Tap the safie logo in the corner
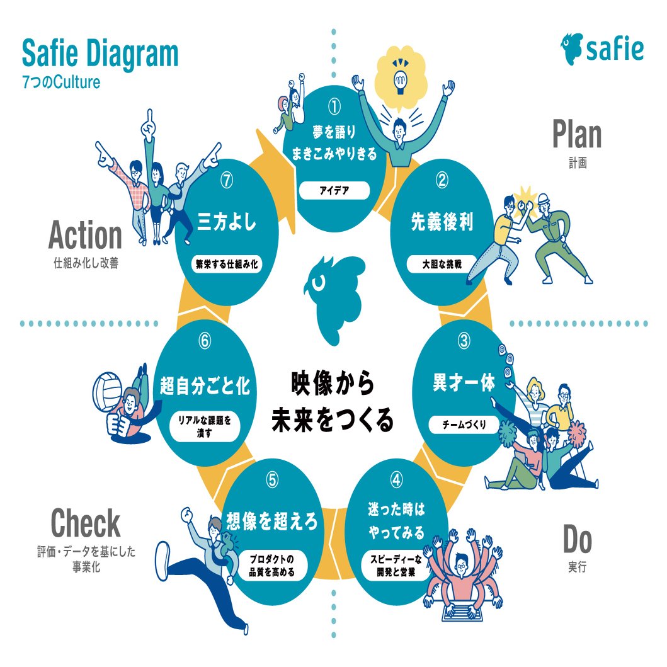coord(601,48)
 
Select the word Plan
coord(576,135)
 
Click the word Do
coord(577,540)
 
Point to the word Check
coord(85,523)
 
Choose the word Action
coord(85,236)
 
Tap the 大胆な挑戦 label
coord(442,264)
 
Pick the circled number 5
coord(272,480)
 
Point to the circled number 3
coord(464,341)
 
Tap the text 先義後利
coord(442,222)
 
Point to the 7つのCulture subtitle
coord(61,83)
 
